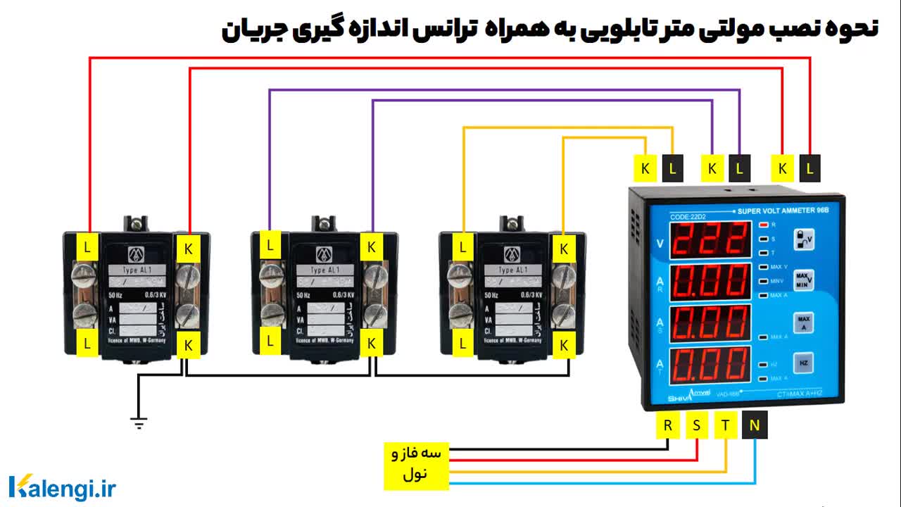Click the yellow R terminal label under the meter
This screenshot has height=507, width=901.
coord(667,425)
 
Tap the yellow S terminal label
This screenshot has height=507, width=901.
coord(696,425)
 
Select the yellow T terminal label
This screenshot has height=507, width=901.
coord(725,425)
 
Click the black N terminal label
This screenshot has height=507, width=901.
coord(755,425)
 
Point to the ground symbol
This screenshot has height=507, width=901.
coord(139,422)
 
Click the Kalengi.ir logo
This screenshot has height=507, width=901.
coord(62,487)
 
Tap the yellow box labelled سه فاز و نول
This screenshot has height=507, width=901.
coord(416,465)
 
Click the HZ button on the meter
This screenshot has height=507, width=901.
coord(803,362)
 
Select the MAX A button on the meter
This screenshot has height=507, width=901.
coord(803,322)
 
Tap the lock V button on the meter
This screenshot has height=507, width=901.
coord(803,240)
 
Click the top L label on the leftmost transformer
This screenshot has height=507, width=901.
coord(87,247)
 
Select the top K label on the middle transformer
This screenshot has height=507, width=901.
coord(372,247)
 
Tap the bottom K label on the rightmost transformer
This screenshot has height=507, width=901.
coord(563,345)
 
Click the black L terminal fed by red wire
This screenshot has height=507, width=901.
coord(809,169)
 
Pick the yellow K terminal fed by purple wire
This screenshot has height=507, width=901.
coord(712,169)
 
